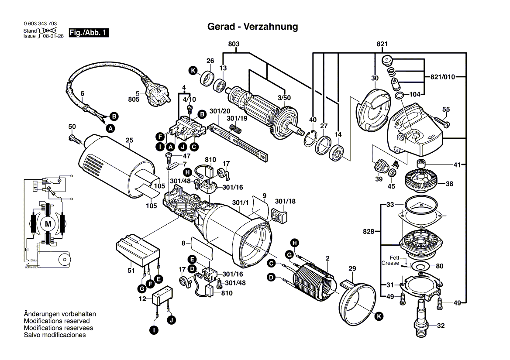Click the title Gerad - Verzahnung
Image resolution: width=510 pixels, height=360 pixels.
coord(252,27)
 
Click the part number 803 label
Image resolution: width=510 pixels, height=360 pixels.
coord(234,44)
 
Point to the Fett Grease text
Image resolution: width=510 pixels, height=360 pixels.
coord(390,261)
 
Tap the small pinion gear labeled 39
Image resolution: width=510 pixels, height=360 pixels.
coord(379,166)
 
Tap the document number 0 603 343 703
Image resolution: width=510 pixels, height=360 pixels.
coord(40,24)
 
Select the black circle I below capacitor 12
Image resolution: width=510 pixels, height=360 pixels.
coord(153,331)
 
